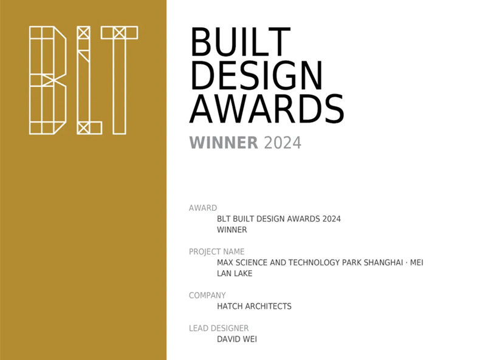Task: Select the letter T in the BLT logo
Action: click(x=119, y=80)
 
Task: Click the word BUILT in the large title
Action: click(x=241, y=42)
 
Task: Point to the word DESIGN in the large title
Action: click(x=256, y=75)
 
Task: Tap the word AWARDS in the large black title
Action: click(x=267, y=109)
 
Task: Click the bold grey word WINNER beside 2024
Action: click(x=224, y=143)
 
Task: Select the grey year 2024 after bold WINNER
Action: click(x=283, y=143)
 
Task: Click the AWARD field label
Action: click(x=203, y=208)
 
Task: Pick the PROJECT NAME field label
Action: click(x=217, y=252)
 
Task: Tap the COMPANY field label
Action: click(x=207, y=296)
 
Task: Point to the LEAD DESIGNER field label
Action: click(x=219, y=328)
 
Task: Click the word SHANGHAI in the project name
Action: click(x=383, y=263)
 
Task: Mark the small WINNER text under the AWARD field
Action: click(x=231, y=229)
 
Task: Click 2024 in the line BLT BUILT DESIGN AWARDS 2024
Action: click(x=331, y=219)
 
